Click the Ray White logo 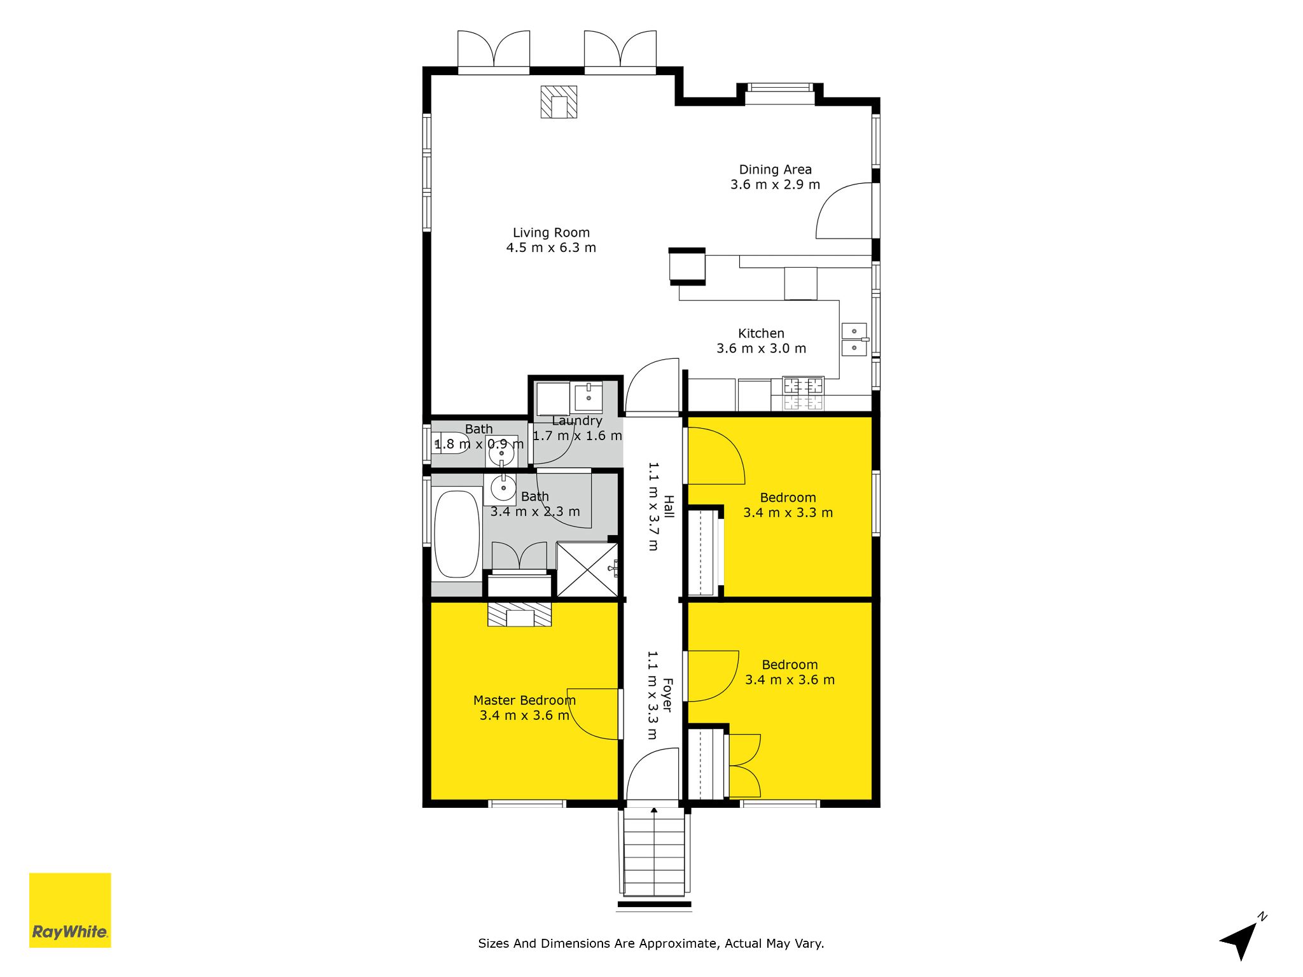click(x=70, y=910)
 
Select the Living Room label click(x=551, y=233)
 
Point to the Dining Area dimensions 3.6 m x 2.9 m click(x=775, y=184)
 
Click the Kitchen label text click(x=761, y=333)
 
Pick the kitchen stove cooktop click(x=803, y=393)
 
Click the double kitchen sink click(x=854, y=340)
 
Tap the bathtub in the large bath click(x=457, y=534)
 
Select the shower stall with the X click(x=587, y=569)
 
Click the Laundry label click(x=576, y=421)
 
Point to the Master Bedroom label click(x=524, y=700)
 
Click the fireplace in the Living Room click(x=559, y=102)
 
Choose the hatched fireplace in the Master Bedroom click(x=519, y=614)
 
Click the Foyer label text click(x=667, y=695)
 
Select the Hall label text click(x=668, y=506)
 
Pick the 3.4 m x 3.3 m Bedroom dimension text click(x=788, y=513)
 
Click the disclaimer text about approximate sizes click(x=651, y=943)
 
